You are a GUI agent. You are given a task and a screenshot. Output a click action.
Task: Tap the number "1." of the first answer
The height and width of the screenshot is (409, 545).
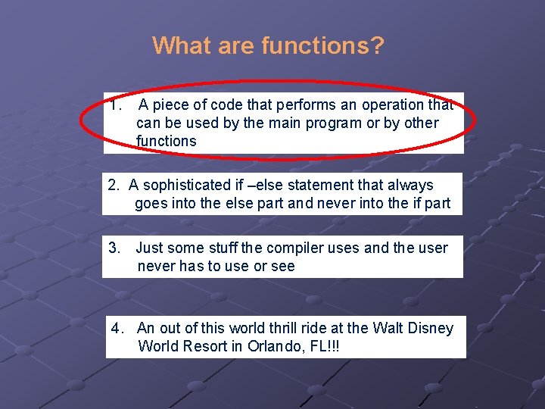pos(116,105)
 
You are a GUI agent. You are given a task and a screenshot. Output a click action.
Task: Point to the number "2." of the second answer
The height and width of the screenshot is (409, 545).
pos(114,185)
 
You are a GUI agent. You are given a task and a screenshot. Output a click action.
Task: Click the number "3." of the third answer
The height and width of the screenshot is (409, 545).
pos(115,248)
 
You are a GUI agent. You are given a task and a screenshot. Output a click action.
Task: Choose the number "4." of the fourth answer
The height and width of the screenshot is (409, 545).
pos(118,328)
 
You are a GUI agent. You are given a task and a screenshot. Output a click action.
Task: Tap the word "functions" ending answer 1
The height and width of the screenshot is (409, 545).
pos(166,141)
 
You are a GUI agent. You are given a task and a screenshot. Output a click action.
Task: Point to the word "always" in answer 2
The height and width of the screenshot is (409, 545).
pos(414,185)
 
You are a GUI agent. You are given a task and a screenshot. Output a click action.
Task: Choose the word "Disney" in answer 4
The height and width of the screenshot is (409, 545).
pos(431,328)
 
